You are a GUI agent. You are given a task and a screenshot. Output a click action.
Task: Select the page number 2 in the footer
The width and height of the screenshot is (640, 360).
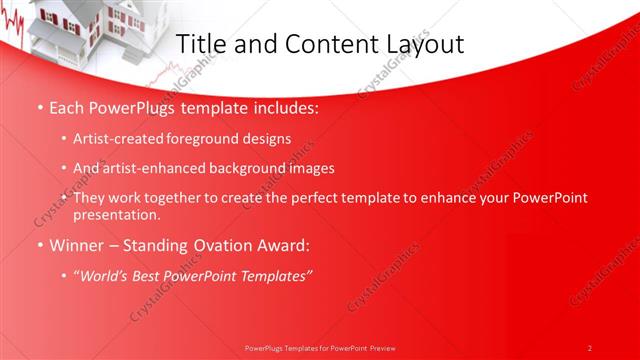click(590, 348)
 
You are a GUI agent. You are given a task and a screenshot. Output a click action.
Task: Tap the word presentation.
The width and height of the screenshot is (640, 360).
click(117, 214)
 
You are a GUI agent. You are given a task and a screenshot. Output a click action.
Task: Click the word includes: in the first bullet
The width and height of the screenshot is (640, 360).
click(283, 107)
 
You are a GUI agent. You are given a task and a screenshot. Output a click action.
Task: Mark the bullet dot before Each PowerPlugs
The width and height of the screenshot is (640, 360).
click(39, 107)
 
